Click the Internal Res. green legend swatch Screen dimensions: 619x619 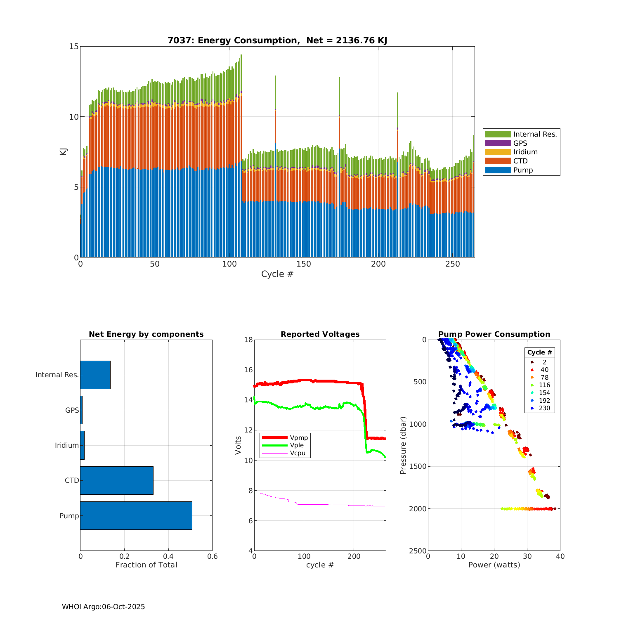pyautogui.click(x=498, y=134)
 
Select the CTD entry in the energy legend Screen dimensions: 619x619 pyautogui.click(x=520, y=161)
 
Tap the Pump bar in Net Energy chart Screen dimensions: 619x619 pyautogui.click(x=136, y=515)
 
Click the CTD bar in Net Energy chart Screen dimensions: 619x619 pyautogui.click(x=117, y=480)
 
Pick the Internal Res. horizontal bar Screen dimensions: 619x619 pyautogui.click(x=95, y=375)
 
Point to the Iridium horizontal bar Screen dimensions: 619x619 pyautogui.click(x=83, y=445)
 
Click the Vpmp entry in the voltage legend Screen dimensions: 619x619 pyautogui.click(x=299, y=437)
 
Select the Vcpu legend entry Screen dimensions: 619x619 pyautogui.click(x=298, y=453)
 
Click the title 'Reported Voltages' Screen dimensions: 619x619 pyautogui.click(x=320, y=334)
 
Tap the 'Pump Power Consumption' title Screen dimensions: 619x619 pyautogui.click(x=494, y=334)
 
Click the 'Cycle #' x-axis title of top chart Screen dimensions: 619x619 pyautogui.click(x=277, y=274)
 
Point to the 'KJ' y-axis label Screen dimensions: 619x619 pyautogui.click(x=64, y=151)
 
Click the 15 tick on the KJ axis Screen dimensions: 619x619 pyautogui.click(x=74, y=46)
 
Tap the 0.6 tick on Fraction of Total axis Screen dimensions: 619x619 pyautogui.click(x=212, y=556)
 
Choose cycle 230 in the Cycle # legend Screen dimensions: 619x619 pyautogui.click(x=544, y=408)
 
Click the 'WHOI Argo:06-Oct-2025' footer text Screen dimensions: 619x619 pyautogui.click(x=104, y=607)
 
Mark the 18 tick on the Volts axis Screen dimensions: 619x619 pyautogui.click(x=248, y=340)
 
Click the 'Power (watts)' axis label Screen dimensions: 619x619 pyautogui.click(x=494, y=565)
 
